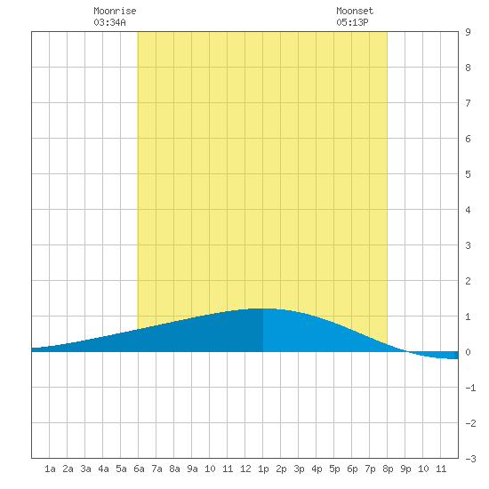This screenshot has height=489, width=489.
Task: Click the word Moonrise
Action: pyautogui.click(x=115, y=11)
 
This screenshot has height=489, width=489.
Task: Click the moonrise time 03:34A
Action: pyautogui.click(x=109, y=22)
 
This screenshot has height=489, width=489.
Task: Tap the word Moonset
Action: pyautogui.click(x=355, y=11)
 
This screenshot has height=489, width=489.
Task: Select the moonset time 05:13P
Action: pyautogui.click(x=352, y=22)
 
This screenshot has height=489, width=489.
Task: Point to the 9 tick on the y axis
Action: pyautogui.click(x=468, y=32)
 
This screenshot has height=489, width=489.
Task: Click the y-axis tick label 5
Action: pyautogui.click(x=468, y=174)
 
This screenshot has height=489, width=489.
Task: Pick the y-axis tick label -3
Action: pyautogui.click(x=470, y=459)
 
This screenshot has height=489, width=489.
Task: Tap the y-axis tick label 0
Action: pyautogui.click(x=468, y=352)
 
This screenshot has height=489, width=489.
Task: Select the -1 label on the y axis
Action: pyautogui.click(x=470, y=388)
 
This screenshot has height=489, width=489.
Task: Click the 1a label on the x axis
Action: pyautogui.click(x=50, y=469)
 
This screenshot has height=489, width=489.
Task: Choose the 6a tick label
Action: pyautogui.click(x=139, y=469)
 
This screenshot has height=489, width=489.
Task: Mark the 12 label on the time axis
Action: pyautogui.click(x=245, y=469)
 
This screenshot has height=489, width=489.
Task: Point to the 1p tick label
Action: pyautogui.click(x=263, y=469)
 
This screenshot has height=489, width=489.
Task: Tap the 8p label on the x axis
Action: pyautogui.click(x=388, y=469)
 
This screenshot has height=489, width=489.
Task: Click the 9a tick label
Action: pyautogui.click(x=192, y=469)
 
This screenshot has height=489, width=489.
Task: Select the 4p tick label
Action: pyautogui.click(x=317, y=469)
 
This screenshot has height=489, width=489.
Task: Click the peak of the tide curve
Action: pyautogui.click(x=263, y=309)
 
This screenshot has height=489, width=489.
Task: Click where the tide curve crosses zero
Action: pyautogui.click(x=406, y=351)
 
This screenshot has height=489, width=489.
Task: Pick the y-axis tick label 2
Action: pyautogui.click(x=468, y=281)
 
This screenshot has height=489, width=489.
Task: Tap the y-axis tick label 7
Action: pyautogui.click(x=468, y=103)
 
